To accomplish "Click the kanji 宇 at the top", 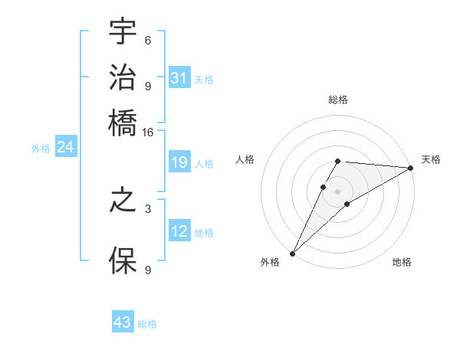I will click(123, 32).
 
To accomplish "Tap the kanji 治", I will click(123, 77).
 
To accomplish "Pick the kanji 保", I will click(123, 261).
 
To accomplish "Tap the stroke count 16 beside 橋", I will click(148, 132).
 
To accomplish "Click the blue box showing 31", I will click(179, 77).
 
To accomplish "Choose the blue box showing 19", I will click(179, 162).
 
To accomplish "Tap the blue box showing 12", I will click(179, 231).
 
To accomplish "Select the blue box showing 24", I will click(65, 147).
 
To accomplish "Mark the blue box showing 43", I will click(123, 322).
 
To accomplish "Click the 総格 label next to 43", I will click(147, 324).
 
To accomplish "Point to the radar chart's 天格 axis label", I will click(431, 159).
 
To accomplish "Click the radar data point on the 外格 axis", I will click(292, 253).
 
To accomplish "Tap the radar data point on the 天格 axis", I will click(411, 168).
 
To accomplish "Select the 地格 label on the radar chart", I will click(402, 263).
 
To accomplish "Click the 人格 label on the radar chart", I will click(245, 159).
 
